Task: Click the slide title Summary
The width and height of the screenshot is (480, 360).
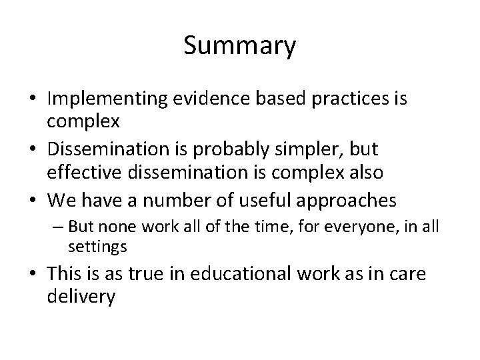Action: pyautogui.click(x=240, y=47)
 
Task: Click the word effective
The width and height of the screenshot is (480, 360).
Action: pyautogui.click(x=81, y=173)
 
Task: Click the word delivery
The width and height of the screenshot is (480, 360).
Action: pyautogui.click(x=81, y=296)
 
